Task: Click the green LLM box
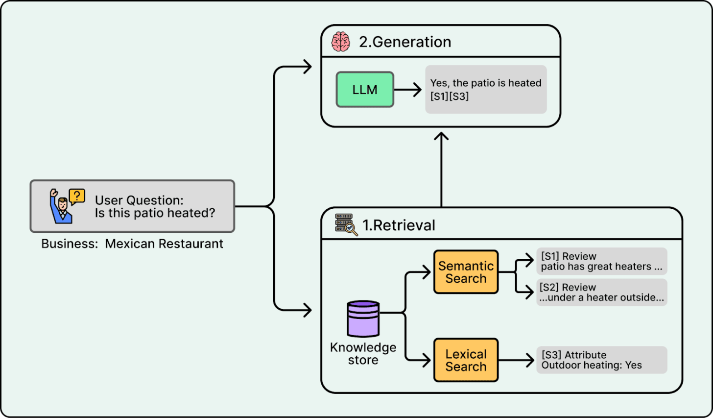click(365, 90)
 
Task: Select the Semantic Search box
click(466, 272)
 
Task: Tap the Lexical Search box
click(466, 360)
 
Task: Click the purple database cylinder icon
click(363, 319)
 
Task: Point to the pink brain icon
click(341, 42)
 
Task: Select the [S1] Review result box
click(601, 261)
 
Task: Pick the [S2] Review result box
click(601, 292)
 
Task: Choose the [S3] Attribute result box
click(601, 360)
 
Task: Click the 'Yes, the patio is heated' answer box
click(486, 90)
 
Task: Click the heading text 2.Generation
click(405, 42)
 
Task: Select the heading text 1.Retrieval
click(399, 225)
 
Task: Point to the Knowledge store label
click(363, 353)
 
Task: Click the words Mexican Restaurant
click(164, 244)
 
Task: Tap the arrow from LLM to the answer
click(407, 90)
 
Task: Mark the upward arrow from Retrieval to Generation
click(441, 169)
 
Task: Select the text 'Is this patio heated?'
click(155, 213)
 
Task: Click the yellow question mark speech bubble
click(77, 196)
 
